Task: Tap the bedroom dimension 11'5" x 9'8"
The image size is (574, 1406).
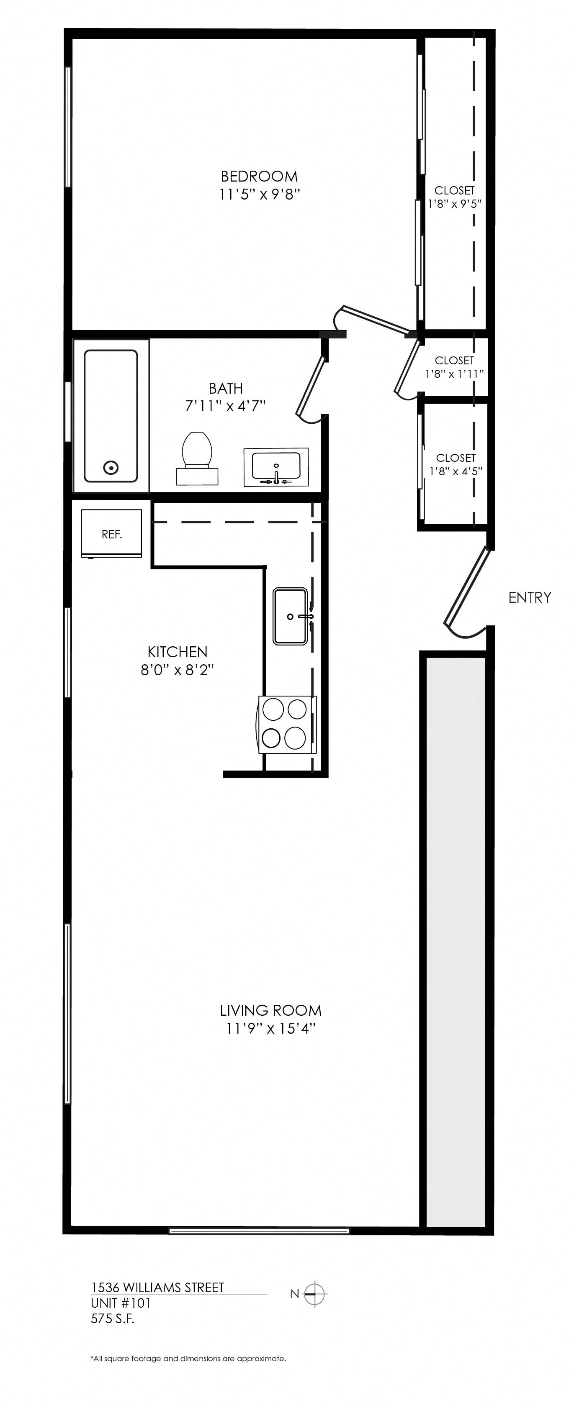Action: [260, 194]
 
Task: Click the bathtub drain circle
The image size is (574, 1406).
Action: [111, 467]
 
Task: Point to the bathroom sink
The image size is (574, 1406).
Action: [276, 467]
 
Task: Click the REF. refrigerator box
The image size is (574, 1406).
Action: [111, 534]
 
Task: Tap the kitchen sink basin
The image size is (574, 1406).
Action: [290, 616]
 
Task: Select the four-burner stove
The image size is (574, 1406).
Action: [285, 724]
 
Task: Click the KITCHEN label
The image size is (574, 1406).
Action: [178, 652]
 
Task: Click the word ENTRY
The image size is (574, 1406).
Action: [529, 598]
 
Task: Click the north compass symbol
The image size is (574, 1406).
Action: [314, 1293]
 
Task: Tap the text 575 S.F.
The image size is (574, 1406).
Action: [113, 1319]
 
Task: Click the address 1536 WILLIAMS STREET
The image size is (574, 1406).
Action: [157, 1288]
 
